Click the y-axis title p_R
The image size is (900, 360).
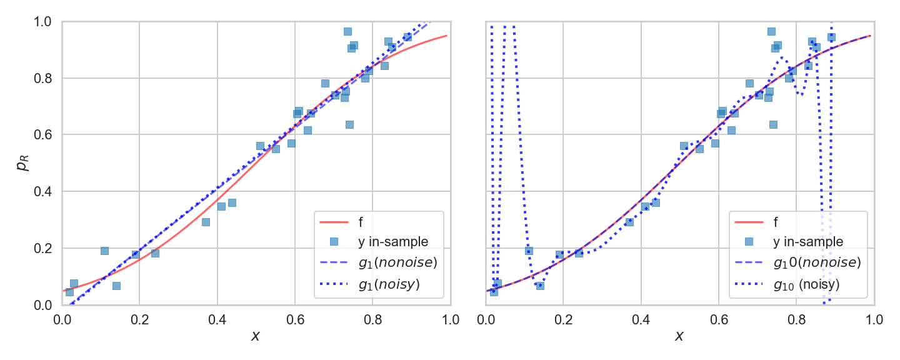pyautogui.click(x=22, y=164)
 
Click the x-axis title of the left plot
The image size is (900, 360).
pyautogui.click(x=256, y=336)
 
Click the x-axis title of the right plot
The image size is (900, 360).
pyautogui.click(x=679, y=336)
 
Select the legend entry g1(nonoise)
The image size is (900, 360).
pyautogui.click(x=397, y=262)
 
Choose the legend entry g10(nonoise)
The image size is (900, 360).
pyautogui.click(x=817, y=262)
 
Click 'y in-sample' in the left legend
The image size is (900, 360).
pyautogui.click(x=392, y=241)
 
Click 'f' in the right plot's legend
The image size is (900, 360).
pyautogui.click(x=777, y=221)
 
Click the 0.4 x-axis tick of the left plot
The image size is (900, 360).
pyautogui.click(x=217, y=320)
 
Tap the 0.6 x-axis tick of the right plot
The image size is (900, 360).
pyautogui.click(x=719, y=320)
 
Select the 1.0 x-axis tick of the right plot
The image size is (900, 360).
pyautogui.click(x=874, y=320)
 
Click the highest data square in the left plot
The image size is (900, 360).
pyautogui.click(x=347, y=31)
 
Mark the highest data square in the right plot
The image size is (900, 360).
pyautogui.click(x=771, y=31)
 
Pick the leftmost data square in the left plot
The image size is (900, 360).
pyautogui.click(x=69, y=292)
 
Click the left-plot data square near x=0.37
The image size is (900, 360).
pyautogui.click(x=206, y=222)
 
